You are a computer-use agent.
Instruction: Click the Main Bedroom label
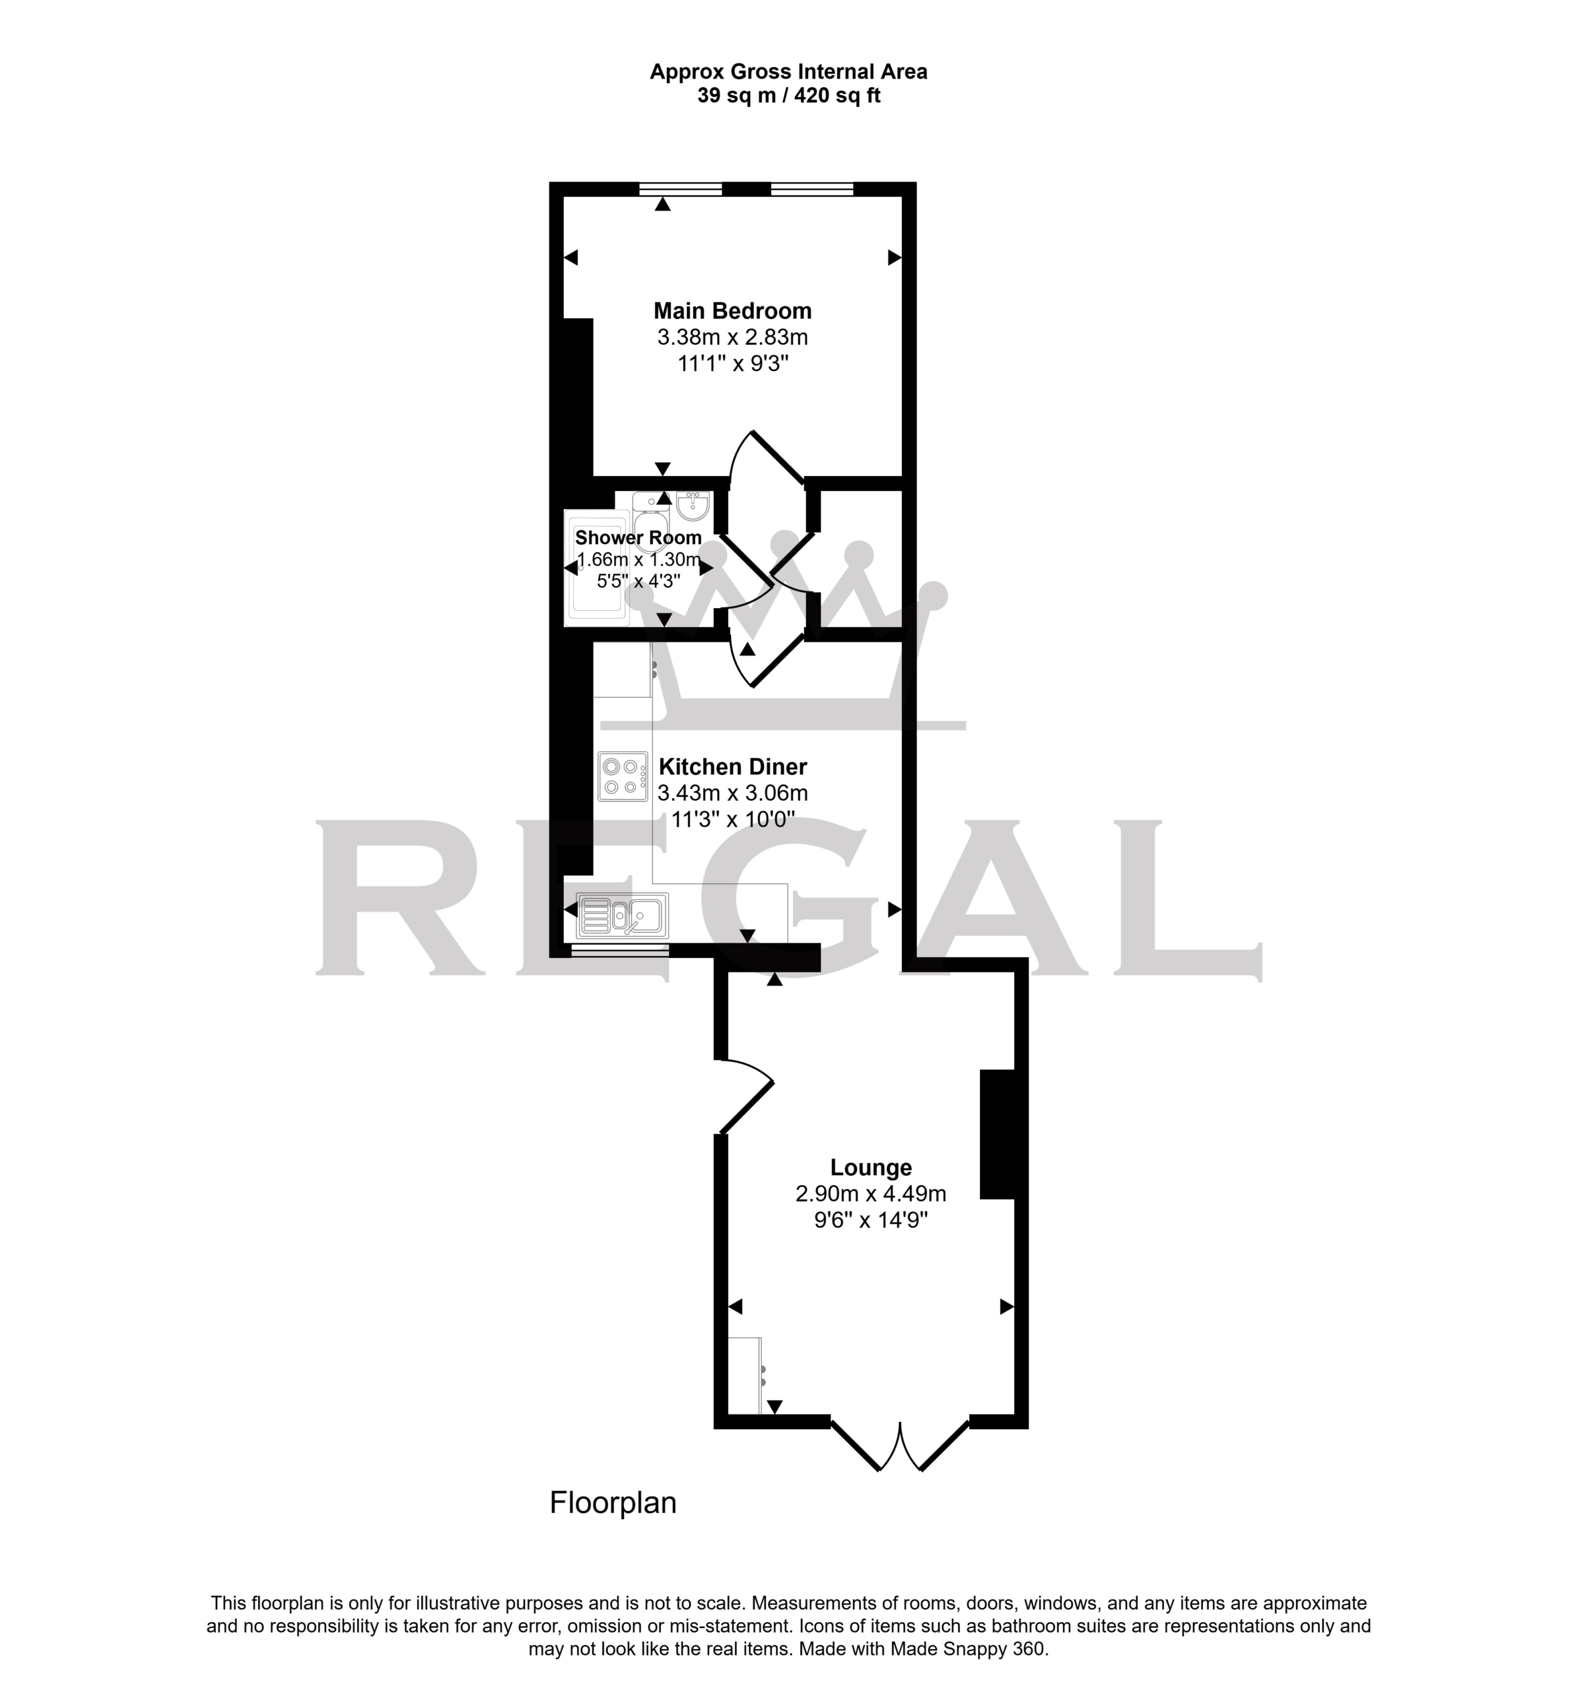732,310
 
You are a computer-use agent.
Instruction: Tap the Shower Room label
638,537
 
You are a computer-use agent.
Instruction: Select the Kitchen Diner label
733,767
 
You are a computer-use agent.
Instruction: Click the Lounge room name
871,1167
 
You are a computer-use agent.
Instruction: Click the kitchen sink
623,916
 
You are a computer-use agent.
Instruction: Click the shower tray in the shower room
598,567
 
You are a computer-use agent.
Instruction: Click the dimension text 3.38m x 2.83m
732,337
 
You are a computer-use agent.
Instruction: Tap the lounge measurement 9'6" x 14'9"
871,1220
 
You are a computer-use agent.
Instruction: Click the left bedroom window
680,189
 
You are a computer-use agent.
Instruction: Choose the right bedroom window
812,189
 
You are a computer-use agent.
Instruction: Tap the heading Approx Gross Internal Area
789,72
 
